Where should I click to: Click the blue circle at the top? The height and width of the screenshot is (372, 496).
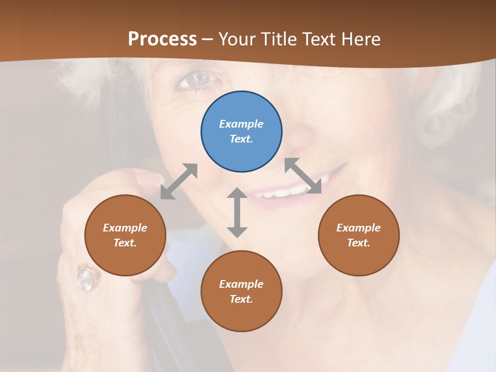[241, 132]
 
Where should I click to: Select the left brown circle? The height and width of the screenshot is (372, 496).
[125, 236]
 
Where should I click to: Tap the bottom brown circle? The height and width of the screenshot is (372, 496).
[241, 291]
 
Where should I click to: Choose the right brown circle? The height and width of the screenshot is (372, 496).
[359, 236]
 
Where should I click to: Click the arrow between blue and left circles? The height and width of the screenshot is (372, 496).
[179, 181]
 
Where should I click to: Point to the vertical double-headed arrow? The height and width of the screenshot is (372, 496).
[237, 212]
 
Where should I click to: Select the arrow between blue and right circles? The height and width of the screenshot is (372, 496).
[303, 176]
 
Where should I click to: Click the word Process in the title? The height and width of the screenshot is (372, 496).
[162, 39]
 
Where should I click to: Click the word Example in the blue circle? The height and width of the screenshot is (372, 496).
[241, 124]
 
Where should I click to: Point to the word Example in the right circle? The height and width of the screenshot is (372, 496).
[359, 228]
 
